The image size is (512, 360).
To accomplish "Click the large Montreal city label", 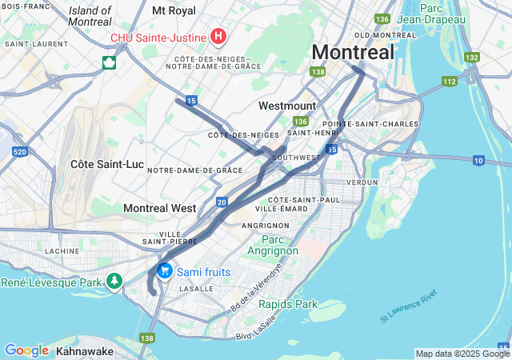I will tap(353, 52).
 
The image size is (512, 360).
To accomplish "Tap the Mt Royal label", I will tap(174, 11).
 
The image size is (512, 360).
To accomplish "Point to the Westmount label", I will tap(287, 106).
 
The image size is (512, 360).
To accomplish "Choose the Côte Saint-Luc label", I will tap(107, 164).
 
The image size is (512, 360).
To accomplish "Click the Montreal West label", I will tap(159, 208).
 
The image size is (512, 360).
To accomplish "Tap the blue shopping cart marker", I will tap(165, 271).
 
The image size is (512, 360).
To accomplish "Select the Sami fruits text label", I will tap(203, 272).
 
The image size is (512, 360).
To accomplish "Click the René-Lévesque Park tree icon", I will tap(115, 282).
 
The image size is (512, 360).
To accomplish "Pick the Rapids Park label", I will tap(288, 304).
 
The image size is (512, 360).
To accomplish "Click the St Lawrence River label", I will tap(409, 306).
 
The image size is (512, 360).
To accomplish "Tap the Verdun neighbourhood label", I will tap(361, 182).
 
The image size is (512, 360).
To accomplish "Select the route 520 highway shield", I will tap(21, 151).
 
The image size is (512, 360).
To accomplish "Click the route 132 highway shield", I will tap(472, 58).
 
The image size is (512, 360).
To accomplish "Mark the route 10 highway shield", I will tap(478, 161).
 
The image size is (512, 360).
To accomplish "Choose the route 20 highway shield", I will tap(222, 202).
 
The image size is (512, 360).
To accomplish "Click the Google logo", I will tap(26, 350).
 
